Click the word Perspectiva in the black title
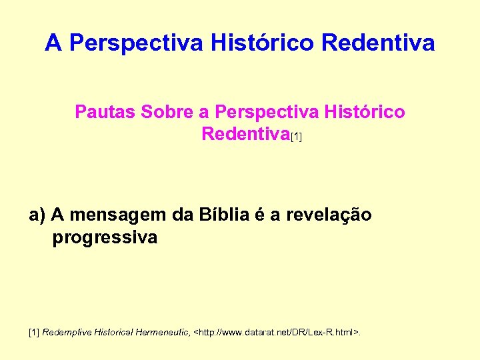136,43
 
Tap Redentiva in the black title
378,43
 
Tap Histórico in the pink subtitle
365,111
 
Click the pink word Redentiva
245,134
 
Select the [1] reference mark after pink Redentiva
296,137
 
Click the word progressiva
105,237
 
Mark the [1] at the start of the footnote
34,331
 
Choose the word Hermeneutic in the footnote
162,331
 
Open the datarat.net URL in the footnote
276,331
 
